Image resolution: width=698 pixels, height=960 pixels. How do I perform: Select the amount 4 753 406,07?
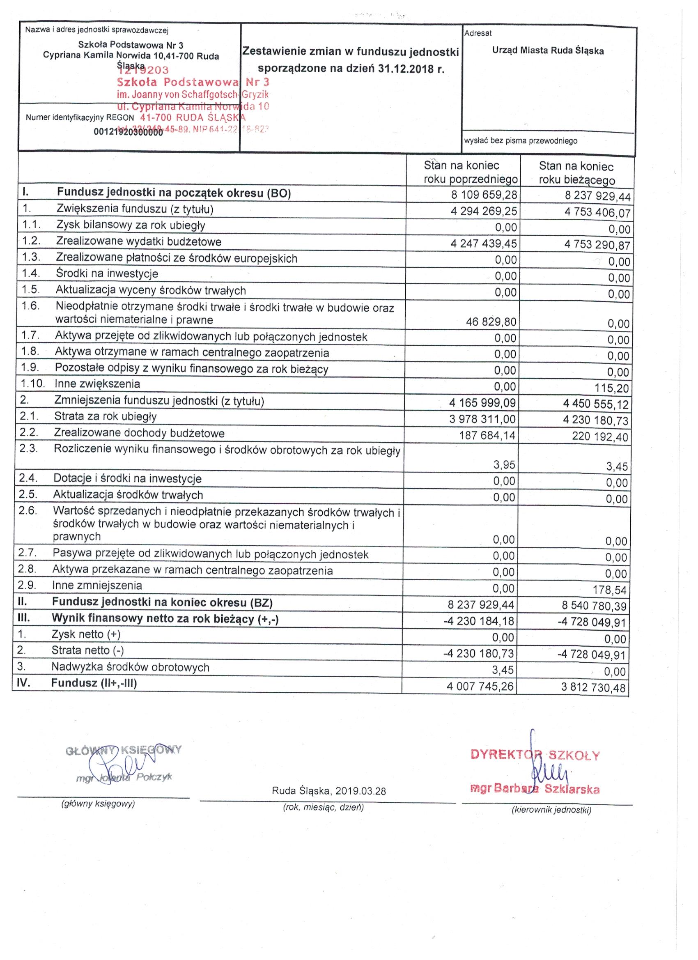(x=597, y=212)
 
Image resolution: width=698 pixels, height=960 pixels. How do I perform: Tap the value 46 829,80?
(x=491, y=322)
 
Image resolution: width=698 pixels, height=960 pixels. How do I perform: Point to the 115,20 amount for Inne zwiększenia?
(x=612, y=388)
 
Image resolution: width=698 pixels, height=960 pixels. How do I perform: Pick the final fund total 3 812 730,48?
(x=593, y=687)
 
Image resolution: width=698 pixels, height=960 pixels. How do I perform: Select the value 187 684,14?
(x=487, y=435)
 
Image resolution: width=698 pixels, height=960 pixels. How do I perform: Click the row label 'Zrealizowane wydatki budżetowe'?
(x=139, y=242)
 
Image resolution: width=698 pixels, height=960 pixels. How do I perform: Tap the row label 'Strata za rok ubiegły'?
(x=106, y=416)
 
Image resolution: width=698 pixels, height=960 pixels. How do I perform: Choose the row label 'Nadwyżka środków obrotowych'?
(x=131, y=668)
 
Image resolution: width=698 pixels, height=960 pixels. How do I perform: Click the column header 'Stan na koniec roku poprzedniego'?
(x=470, y=172)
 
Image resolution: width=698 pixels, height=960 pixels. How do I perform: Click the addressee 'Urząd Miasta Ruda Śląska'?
(x=548, y=51)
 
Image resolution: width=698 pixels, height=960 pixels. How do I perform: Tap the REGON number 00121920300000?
(x=128, y=132)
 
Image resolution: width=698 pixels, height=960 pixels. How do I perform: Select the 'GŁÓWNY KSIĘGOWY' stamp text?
(x=124, y=751)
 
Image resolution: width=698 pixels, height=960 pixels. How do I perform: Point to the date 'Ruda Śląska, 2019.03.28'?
(x=329, y=791)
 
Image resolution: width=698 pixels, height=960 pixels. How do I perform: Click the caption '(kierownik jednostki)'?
(x=551, y=810)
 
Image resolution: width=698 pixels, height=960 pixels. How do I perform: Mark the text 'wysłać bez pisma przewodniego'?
(x=521, y=141)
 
